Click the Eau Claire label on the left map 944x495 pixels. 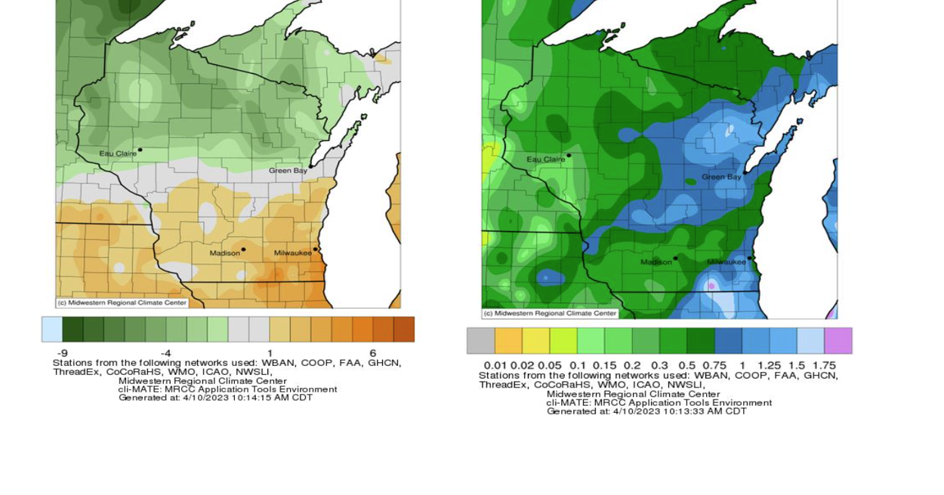118,153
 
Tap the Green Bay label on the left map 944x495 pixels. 288,171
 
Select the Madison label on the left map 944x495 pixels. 224,253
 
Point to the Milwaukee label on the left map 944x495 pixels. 292,253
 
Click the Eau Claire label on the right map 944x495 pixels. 545,159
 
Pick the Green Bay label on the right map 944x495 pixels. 721,177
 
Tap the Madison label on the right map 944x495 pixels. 656,262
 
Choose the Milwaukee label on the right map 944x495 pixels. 726,262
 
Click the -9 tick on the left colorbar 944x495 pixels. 62,352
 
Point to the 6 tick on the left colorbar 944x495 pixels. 372,352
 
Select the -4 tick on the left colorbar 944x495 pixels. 165,352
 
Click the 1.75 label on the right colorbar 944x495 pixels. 824,365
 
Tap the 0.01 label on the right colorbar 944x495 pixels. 495,365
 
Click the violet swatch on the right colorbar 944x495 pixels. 838,341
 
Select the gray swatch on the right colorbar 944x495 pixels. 481,341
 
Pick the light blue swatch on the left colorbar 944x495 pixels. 51,330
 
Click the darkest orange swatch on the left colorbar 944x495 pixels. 403,330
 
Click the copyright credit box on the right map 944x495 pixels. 550,313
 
